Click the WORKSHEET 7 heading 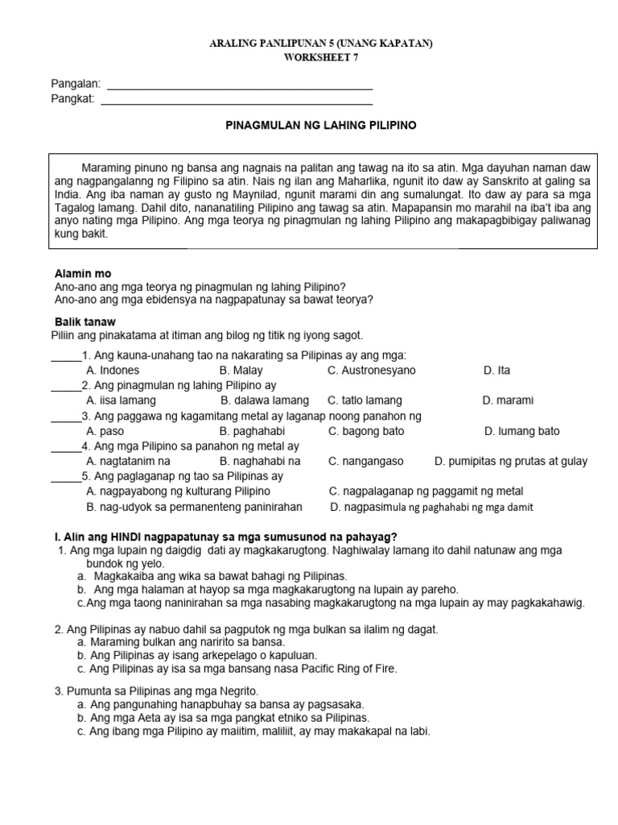[x=322, y=58]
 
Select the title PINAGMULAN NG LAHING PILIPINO [x=319, y=126]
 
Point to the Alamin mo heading [x=83, y=274]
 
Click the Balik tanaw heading [x=84, y=321]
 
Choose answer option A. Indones [x=113, y=371]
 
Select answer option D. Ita [x=496, y=371]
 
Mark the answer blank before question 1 [x=66, y=357]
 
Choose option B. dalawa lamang [x=264, y=400]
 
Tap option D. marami [x=508, y=400]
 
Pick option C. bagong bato [x=366, y=431]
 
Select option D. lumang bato [x=521, y=431]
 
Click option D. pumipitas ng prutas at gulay [x=511, y=462]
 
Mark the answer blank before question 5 [x=66, y=477]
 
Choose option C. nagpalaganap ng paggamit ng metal [x=426, y=491]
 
